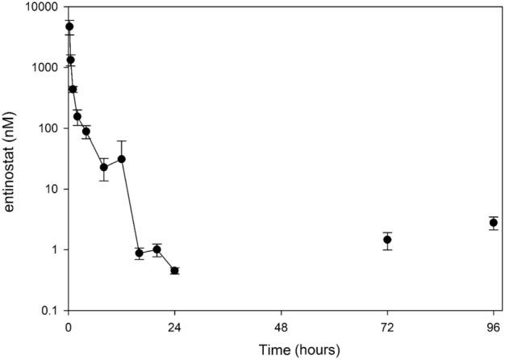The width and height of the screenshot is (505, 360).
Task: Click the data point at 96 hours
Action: pyautogui.click(x=493, y=223)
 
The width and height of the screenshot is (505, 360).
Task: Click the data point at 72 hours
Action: pyautogui.click(x=387, y=240)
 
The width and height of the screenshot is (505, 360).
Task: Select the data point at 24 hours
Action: pyautogui.click(x=174, y=270)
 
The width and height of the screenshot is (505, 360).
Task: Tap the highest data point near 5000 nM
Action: pyautogui.click(x=69, y=27)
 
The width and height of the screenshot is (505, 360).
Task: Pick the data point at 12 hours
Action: pyautogui.click(x=122, y=159)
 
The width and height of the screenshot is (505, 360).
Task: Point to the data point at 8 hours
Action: pyautogui.click(x=104, y=167)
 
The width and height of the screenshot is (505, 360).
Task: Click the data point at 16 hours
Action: pyautogui.click(x=139, y=253)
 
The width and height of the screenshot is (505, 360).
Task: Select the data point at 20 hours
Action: pyautogui.click(x=157, y=249)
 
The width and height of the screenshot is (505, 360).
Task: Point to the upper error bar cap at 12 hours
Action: pyautogui.click(x=122, y=141)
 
